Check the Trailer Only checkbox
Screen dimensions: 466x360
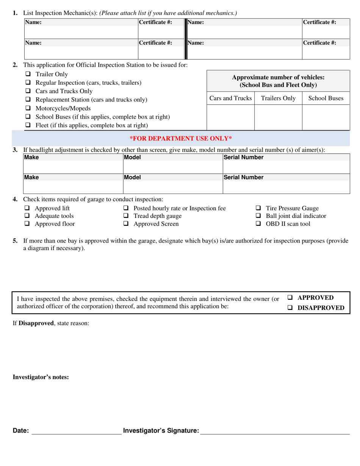28,74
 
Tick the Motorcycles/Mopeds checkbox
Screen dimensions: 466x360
28,108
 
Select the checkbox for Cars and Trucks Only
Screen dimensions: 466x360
28,91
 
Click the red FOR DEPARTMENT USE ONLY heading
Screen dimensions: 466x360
181,138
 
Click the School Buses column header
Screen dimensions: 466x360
326,99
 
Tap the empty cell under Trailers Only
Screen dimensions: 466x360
278,117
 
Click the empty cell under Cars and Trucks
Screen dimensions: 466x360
230,117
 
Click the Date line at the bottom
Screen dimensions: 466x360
76,431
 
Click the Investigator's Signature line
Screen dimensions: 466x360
275,431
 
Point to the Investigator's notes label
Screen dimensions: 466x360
41,377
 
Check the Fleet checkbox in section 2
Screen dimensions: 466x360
28,125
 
